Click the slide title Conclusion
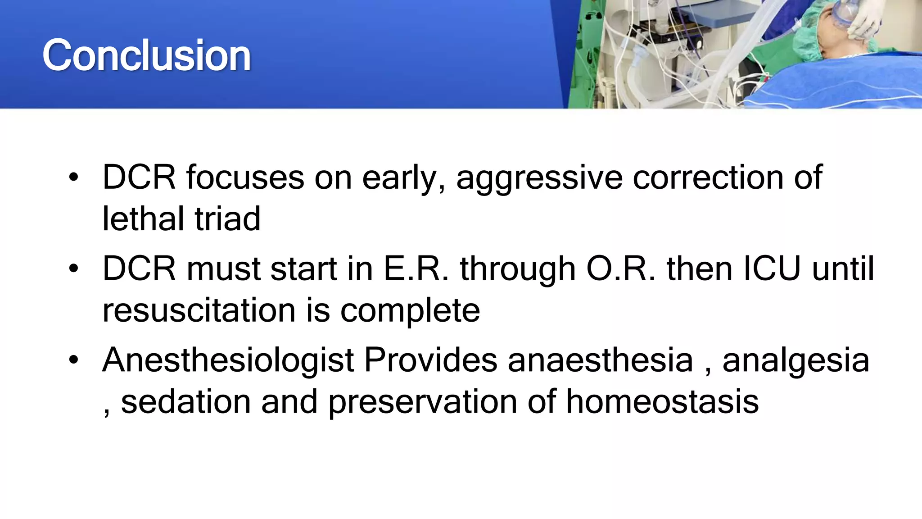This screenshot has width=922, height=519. coord(146,55)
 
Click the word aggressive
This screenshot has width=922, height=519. coord(539,178)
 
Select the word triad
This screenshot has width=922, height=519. coord(227,219)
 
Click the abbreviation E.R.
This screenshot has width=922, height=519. coord(416,269)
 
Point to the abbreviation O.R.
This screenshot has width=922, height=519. coord(621,269)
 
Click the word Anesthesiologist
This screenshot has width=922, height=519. coord(228,361)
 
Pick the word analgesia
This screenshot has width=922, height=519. coord(795,361)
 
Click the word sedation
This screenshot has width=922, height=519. coord(186,402)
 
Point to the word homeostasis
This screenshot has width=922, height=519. coord(662,402)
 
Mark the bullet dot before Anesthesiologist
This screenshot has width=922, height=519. coord(74,360)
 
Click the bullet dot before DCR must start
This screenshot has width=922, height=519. coord(74,269)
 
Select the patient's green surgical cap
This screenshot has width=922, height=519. coord(810,36)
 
